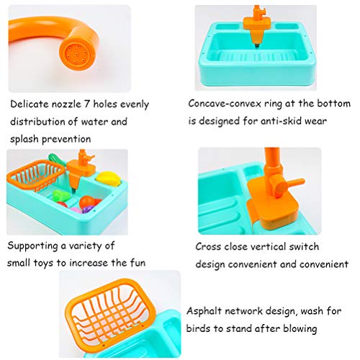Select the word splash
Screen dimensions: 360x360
pos(26,138)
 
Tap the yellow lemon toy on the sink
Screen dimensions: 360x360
pos(109,179)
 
